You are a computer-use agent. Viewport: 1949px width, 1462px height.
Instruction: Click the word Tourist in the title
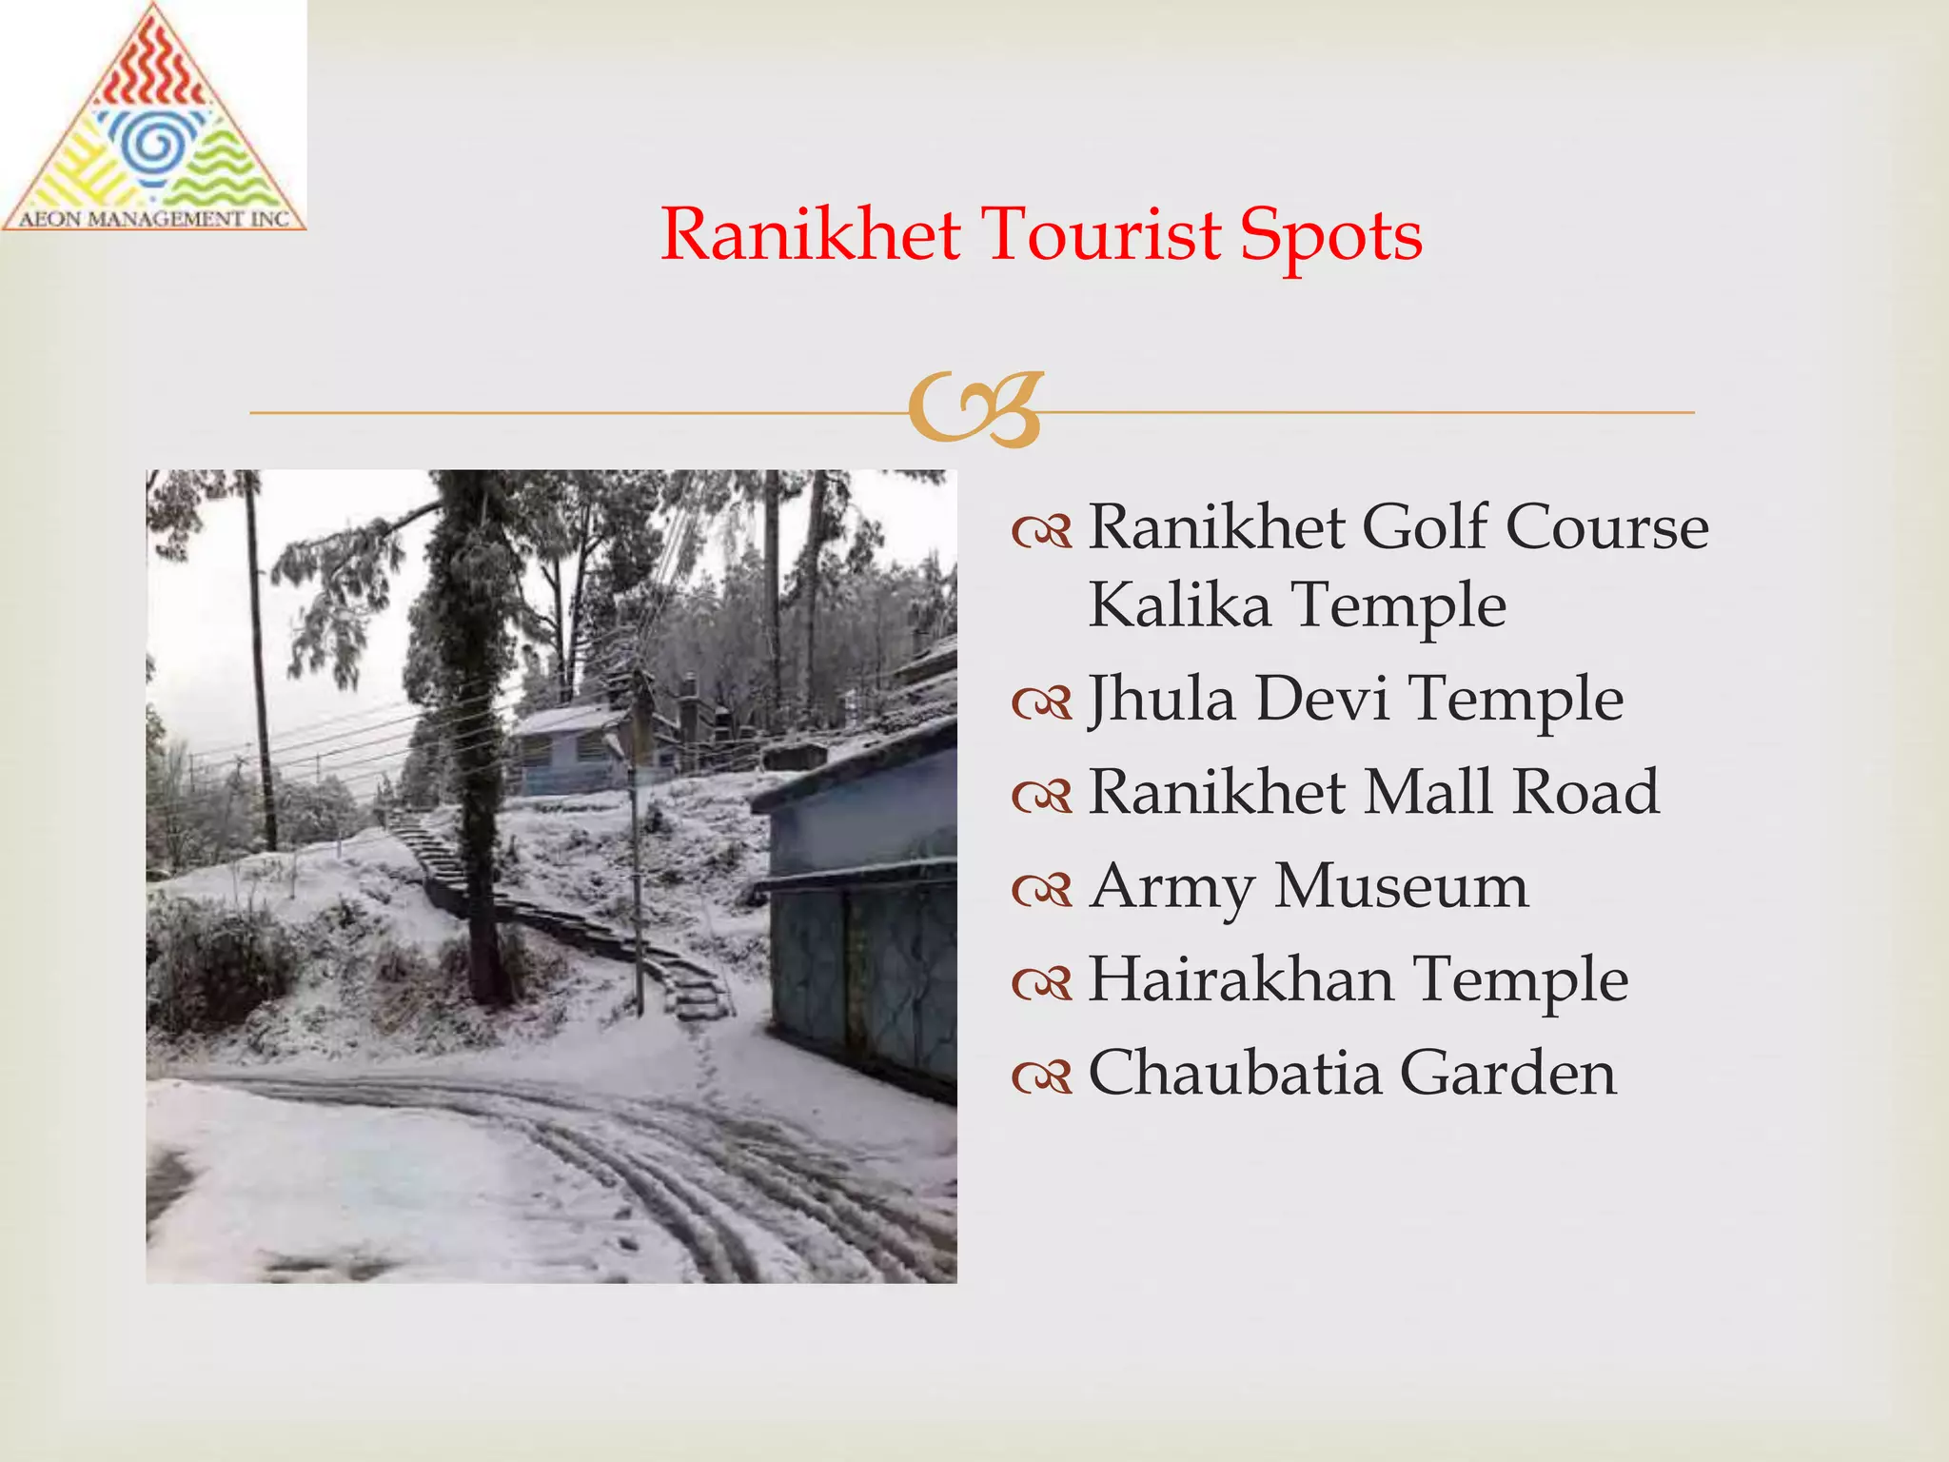(1101, 234)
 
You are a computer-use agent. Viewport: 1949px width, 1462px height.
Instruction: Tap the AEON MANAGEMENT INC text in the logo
(154, 219)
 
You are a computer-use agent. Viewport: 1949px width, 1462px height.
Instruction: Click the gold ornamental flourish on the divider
(976, 409)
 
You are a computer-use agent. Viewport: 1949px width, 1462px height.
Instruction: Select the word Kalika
(1179, 605)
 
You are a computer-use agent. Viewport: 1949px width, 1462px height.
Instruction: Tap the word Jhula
(1162, 700)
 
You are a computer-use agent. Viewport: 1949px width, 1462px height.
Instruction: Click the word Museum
(1402, 886)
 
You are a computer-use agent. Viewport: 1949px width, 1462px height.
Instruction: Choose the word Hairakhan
(1241, 979)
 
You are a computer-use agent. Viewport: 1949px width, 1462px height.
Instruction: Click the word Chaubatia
(1234, 1073)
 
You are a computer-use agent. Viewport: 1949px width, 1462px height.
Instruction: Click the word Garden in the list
(1508, 1073)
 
